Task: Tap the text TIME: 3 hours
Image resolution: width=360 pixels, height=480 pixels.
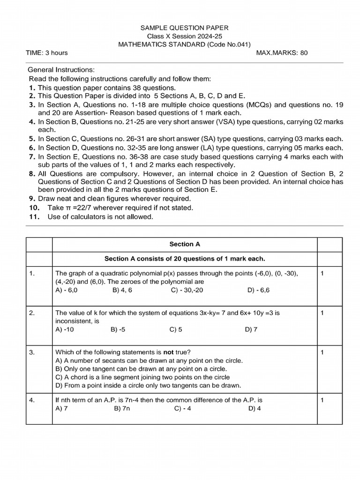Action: point(47,53)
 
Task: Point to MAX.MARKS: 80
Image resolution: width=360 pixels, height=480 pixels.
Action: point(282,53)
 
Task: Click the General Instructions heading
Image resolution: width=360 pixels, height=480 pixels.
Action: point(61,69)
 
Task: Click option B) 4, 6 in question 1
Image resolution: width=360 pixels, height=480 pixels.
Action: point(122,290)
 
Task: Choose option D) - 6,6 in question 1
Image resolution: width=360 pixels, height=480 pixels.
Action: point(258,290)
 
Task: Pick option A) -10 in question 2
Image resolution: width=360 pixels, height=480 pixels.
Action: point(65,330)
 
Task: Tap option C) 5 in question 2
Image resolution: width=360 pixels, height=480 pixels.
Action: point(176,330)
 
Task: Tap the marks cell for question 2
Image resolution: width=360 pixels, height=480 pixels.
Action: point(322,313)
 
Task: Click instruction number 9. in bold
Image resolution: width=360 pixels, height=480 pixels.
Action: point(31,198)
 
